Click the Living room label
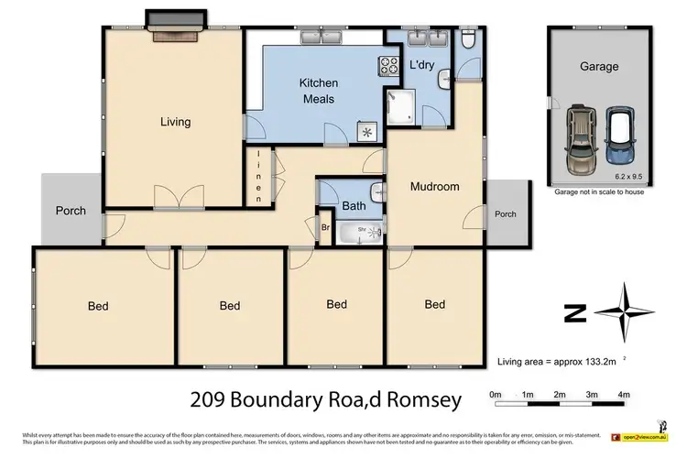click(175, 122)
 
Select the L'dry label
click(421, 65)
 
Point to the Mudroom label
click(434, 187)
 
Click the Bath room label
click(354, 206)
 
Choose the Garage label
click(598, 66)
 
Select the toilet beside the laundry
click(467, 38)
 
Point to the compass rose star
click(623, 312)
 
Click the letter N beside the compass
click(575, 314)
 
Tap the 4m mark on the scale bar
click(623, 395)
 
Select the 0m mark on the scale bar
click(496, 395)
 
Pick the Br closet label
click(324, 227)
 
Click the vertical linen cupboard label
click(259, 176)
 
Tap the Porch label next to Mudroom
click(505, 214)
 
